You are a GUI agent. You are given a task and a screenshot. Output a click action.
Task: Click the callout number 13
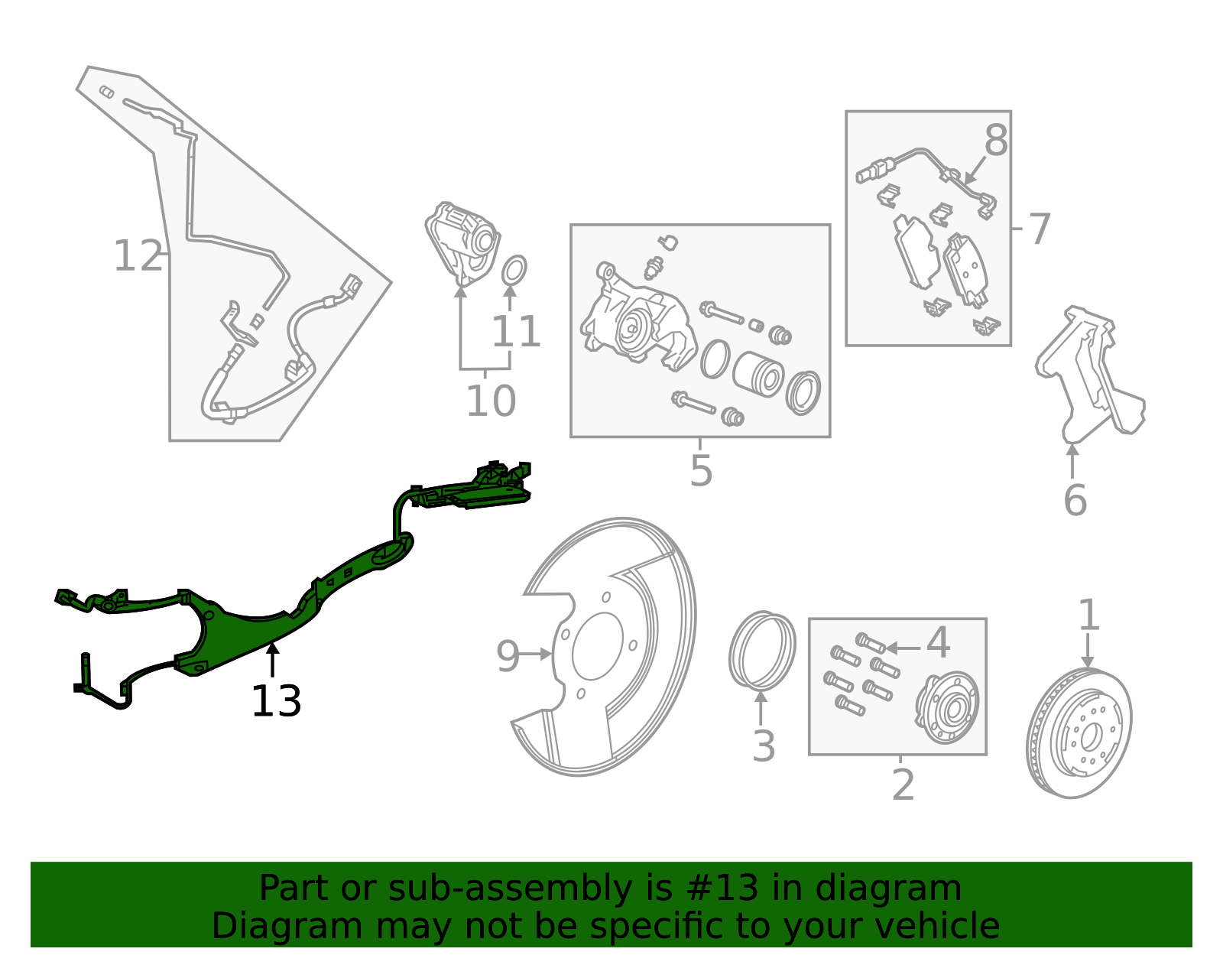(x=276, y=702)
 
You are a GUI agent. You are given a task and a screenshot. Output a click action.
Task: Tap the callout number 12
(x=138, y=256)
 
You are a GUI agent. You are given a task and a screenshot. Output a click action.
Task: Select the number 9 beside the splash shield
(x=508, y=656)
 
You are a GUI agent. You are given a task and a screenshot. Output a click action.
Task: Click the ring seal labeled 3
(x=761, y=649)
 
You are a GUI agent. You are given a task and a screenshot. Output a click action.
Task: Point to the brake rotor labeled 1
(x=1079, y=732)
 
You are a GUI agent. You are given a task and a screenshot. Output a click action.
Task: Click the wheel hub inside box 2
(x=947, y=707)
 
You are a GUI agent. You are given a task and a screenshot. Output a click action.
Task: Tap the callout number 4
(x=938, y=642)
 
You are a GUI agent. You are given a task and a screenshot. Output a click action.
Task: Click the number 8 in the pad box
(x=996, y=141)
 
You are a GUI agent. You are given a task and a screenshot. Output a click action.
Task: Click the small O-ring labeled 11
(x=514, y=270)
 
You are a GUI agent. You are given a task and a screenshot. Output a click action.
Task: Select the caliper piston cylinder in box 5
(x=759, y=374)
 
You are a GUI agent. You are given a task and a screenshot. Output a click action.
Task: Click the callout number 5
(x=701, y=470)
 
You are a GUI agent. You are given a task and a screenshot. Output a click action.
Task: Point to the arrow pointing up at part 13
(x=272, y=659)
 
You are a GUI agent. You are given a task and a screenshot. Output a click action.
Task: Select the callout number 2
(x=903, y=785)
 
